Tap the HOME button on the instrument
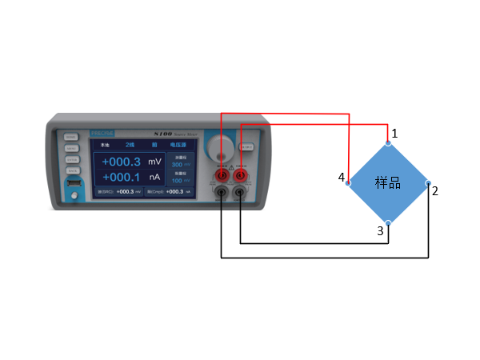pyautogui.click(x=72, y=137)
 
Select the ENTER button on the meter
pyautogui.click(x=72, y=159)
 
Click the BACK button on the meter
pyautogui.click(x=72, y=170)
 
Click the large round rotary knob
pyautogui.click(x=220, y=147)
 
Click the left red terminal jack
pyautogui.click(x=222, y=175)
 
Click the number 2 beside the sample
pyautogui.click(x=435, y=190)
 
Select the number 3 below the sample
pyautogui.click(x=381, y=231)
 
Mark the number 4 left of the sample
pyautogui.click(x=342, y=177)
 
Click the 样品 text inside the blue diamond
pyautogui.click(x=388, y=182)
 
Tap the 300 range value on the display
pyautogui.click(x=178, y=164)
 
